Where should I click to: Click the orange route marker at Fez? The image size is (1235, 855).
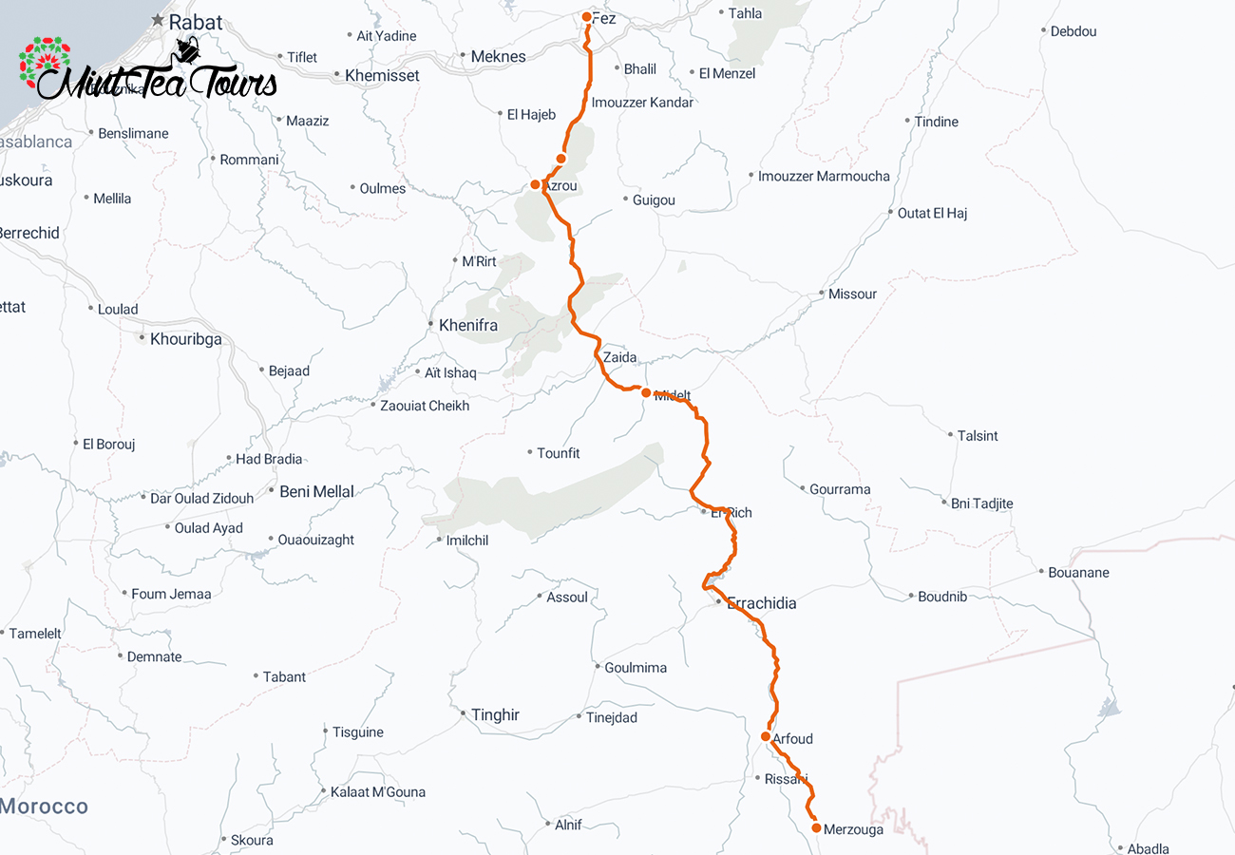tap(587, 17)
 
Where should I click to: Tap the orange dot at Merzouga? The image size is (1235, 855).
tap(816, 828)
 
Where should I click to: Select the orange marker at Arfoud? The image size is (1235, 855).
tap(766, 736)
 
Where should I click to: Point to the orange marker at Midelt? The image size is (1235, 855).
tap(646, 392)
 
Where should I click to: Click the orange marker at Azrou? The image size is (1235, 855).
tap(536, 184)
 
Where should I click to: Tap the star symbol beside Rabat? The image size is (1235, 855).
tap(157, 20)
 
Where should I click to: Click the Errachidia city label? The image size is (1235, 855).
tap(761, 603)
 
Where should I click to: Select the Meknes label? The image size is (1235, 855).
tap(498, 57)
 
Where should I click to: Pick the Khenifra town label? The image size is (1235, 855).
tap(467, 325)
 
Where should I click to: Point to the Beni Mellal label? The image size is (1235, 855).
tap(316, 491)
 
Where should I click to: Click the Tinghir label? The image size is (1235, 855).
tap(495, 714)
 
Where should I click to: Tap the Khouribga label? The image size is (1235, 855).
tap(185, 337)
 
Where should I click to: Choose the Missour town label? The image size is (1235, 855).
tap(852, 294)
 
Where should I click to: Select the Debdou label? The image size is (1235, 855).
tap(1073, 31)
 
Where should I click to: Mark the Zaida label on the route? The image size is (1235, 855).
tap(619, 358)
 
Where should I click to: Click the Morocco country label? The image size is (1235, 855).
tap(44, 807)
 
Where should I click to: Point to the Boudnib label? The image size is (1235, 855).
tap(941, 597)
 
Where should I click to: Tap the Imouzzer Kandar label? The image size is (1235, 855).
tap(642, 102)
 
